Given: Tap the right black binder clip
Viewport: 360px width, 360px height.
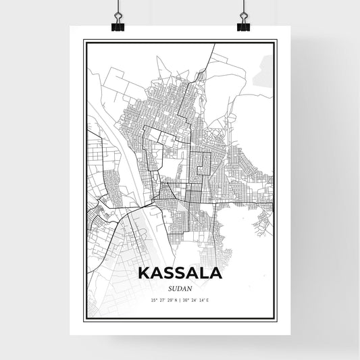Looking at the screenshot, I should point(243,26).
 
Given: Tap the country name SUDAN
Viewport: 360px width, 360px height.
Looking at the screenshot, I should point(180,287).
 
